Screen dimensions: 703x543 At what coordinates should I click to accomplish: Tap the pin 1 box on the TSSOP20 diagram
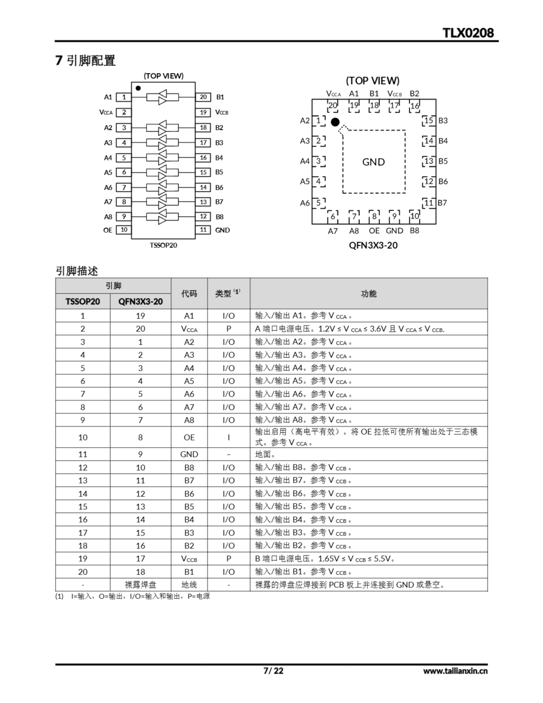(x=124, y=97)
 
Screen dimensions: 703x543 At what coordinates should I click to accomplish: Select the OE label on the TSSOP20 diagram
(x=108, y=230)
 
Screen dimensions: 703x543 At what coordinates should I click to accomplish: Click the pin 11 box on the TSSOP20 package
(x=203, y=230)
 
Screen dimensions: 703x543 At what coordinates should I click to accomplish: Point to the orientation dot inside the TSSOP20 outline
(x=138, y=88)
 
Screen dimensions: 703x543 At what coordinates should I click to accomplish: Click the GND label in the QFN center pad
(x=373, y=162)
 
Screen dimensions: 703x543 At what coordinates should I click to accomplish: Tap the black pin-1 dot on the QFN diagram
(x=335, y=122)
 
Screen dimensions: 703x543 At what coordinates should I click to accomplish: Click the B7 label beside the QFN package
(x=442, y=203)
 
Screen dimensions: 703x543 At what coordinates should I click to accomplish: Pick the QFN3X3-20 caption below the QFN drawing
(x=373, y=245)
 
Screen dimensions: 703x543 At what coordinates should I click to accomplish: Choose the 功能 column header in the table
(x=369, y=293)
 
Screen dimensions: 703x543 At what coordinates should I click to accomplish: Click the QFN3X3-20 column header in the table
(x=140, y=302)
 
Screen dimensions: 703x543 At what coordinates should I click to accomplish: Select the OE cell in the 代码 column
(x=189, y=437)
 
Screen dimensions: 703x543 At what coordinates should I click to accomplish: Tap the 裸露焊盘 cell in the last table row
(x=140, y=585)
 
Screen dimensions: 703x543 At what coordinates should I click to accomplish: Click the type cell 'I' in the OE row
(x=228, y=437)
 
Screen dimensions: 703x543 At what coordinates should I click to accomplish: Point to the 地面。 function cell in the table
(x=265, y=454)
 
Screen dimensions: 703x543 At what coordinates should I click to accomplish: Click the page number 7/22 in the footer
(x=273, y=671)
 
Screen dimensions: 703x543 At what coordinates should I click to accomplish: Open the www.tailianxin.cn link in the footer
(x=455, y=671)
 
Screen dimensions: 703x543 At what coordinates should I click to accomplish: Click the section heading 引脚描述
(x=77, y=271)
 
